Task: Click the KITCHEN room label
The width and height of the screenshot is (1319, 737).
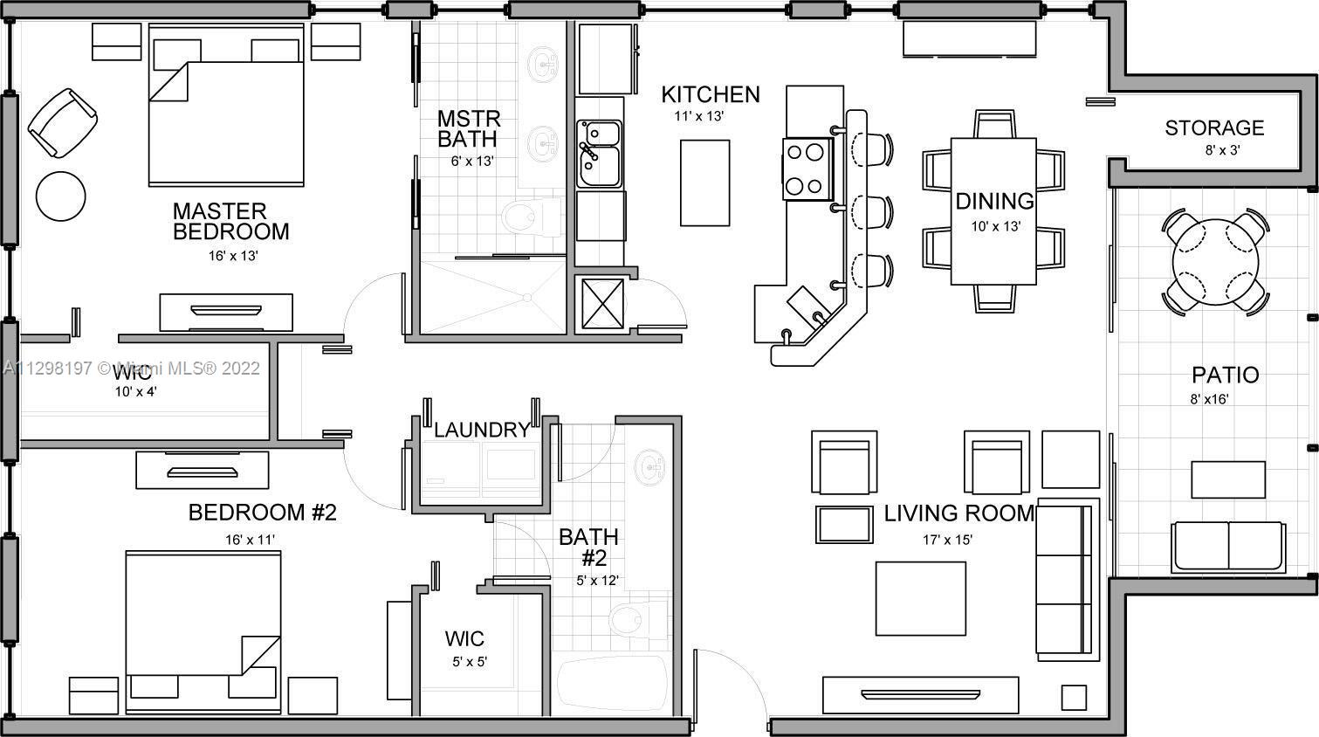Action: pos(710,94)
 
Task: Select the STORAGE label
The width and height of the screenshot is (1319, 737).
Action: pos(1214,128)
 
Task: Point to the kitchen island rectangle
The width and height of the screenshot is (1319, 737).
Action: pos(705,182)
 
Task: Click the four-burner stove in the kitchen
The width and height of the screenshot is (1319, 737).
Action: pos(807,169)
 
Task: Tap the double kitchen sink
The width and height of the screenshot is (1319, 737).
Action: pos(599,154)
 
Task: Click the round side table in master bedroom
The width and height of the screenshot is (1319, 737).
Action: pos(60,196)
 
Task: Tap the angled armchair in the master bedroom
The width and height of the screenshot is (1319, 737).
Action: pos(62,123)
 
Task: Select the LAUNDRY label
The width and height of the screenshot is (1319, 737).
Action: pos(481,430)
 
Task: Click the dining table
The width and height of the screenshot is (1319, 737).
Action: pos(993,210)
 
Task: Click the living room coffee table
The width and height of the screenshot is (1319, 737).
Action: pos(921,598)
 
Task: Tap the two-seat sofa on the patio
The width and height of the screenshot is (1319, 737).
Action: pos(1228,547)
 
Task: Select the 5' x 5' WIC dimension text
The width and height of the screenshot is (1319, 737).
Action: pos(470,662)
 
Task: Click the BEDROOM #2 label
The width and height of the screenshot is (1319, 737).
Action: pos(262,513)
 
